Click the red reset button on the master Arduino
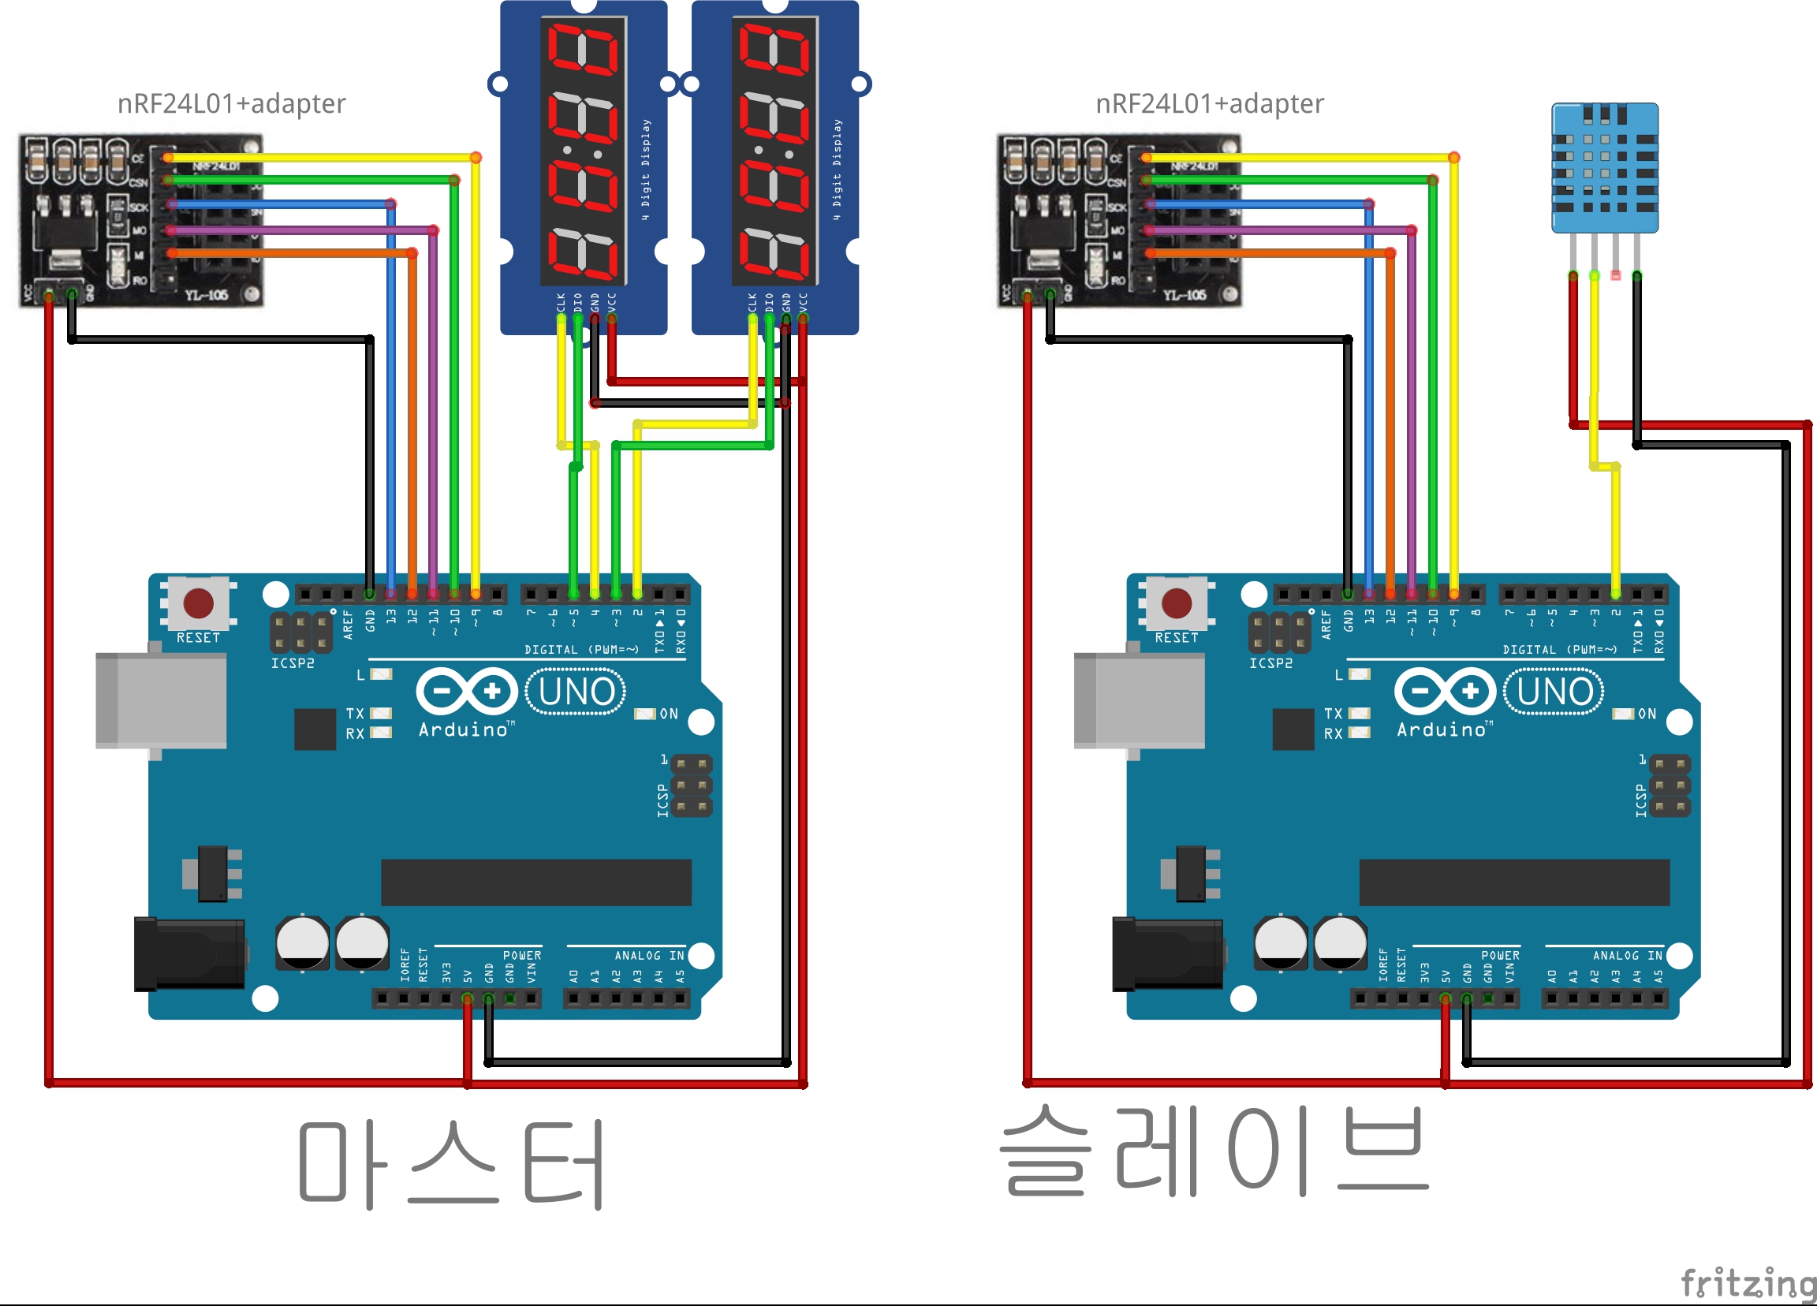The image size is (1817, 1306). tap(198, 603)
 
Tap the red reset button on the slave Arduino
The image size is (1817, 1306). tap(1176, 603)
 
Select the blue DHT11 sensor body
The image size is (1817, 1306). tap(1605, 167)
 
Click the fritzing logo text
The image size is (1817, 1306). tap(1748, 1282)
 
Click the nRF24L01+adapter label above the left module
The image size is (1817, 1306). tap(232, 103)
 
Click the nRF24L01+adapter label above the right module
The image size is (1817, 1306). tap(1210, 103)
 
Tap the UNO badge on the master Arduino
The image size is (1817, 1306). tap(576, 692)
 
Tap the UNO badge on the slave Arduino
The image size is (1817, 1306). tap(1554, 692)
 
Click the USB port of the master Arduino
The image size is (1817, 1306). tap(161, 700)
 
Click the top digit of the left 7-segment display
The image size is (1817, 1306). tap(583, 48)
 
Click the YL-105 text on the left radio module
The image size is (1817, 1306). tap(207, 295)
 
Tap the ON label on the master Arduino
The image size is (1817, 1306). tap(669, 714)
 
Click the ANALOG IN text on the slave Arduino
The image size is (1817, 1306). tap(1627, 955)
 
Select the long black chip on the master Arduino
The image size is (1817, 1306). tap(535, 882)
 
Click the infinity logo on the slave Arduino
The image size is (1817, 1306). tap(1445, 691)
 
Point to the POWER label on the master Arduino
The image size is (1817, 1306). tap(521, 955)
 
